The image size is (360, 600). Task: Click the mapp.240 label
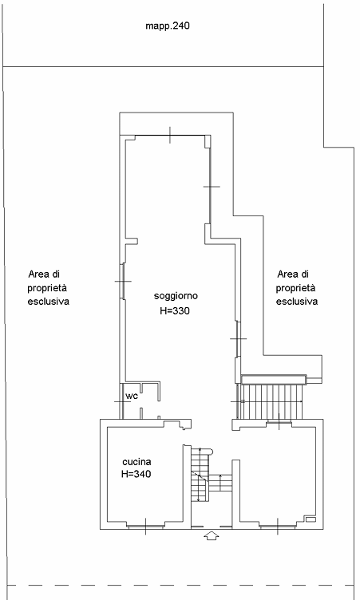(x=168, y=26)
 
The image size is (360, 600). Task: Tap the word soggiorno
(x=176, y=296)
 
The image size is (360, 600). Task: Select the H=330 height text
(x=175, y=310)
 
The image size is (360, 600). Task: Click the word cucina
(x=136, y=462)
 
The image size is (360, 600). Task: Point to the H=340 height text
(x=136, y=474)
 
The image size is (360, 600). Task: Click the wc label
(x=132, y=396)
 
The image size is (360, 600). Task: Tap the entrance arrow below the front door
(x=211, y=535)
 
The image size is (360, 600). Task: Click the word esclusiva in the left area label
(x=48, y=302)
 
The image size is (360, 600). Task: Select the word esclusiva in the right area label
(x=297, y=302)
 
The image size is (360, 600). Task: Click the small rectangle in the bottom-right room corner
(x=311, y=519)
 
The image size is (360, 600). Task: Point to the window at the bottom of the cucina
(x=145, y=527)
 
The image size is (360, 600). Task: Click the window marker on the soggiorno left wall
(x=123, y=281)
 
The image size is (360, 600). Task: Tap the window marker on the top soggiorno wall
(x=170, y=136)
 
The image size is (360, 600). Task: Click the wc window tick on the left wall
(x=122, y=401)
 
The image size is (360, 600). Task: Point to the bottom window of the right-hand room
(x=278, y=527)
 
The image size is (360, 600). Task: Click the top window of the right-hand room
(x=279, y=422)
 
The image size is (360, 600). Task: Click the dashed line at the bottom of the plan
(x=180, y=585)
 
